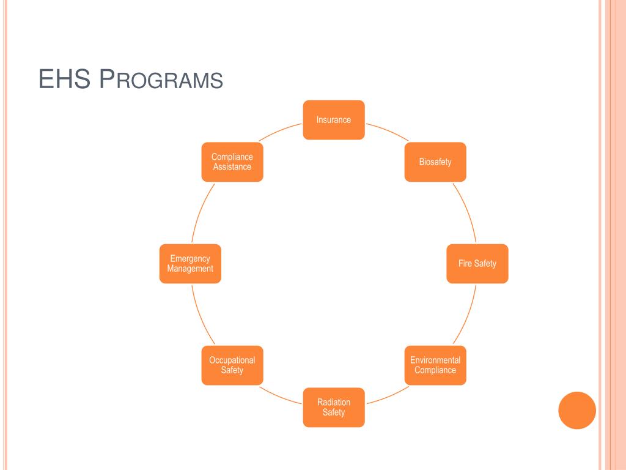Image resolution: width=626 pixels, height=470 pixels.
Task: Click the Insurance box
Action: point(334,120)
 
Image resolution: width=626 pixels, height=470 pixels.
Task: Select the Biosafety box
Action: point(435,162)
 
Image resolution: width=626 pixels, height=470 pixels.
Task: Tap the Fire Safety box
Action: point(477,264)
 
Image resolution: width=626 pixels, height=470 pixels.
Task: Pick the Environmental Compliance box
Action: point(435,365)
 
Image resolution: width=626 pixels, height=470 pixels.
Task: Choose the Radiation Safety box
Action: point(334,407)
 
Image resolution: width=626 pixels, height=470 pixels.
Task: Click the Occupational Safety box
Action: point(232,365)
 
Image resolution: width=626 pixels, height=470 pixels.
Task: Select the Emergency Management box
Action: point(190,264)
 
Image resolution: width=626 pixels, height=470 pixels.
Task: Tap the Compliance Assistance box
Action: point(232,162)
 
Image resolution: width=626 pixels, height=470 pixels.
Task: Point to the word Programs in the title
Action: point(161,80)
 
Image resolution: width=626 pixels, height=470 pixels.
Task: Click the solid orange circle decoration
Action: point(577,410)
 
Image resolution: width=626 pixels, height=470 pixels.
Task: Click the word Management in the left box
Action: point(190,269)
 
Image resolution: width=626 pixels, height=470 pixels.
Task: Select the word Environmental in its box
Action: point(435,360)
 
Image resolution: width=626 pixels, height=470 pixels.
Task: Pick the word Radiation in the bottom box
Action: point(334,402)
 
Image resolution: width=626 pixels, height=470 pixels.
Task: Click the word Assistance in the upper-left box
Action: point(232,167)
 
